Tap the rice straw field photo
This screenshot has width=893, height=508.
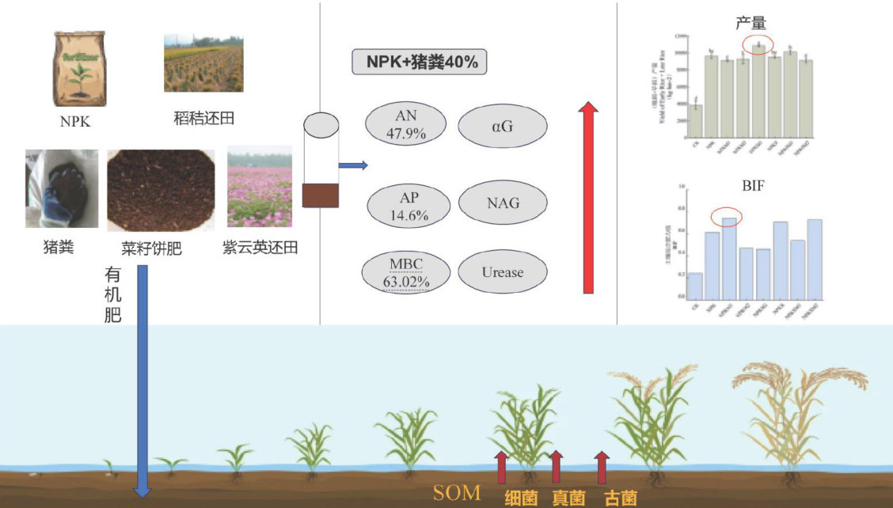click(x=203, y=63)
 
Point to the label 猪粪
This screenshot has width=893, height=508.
click(x=58, y=248)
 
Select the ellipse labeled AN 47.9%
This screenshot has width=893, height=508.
click(x=405, y=124)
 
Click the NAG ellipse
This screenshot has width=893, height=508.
click(x=503, y=203)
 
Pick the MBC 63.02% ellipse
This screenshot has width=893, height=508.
click(x=406, y=272)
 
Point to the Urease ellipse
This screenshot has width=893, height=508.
click(x=503, y=272)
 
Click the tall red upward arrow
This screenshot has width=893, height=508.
click(x=588, y=198)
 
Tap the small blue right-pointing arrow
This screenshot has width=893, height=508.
click(x=353, y=165)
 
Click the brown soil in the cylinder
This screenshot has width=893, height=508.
click(x=321, y=195)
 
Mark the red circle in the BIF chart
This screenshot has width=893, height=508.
click(x=727, y=215)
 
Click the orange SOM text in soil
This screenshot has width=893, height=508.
click(x=457, y=493)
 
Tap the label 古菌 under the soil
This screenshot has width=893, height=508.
click(x=620, y=498)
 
